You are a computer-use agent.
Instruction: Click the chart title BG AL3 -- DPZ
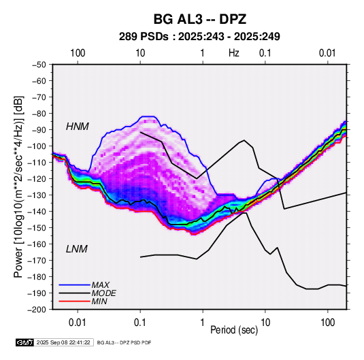pos(199,19)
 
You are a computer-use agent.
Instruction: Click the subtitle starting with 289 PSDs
pos(199,37)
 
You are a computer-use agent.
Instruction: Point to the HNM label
pos(78,127)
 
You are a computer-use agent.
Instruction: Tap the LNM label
pos(77,249)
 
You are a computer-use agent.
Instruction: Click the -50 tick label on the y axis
pos(39,65)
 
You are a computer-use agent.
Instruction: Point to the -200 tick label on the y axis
pos(37,310)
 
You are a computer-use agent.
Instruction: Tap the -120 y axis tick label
pos(37,179)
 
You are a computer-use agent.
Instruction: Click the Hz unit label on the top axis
pos(234,53)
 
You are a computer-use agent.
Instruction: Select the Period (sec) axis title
pos(234,329)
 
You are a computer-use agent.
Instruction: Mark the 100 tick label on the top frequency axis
pos(78,53)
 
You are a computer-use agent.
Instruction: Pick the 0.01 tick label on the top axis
pos(327,53)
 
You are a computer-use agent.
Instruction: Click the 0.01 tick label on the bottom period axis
pos(78,323)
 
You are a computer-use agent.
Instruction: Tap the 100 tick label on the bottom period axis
pos(327,323)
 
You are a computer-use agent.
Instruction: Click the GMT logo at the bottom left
pos(25,342)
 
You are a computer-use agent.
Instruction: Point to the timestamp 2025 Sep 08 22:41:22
pos(63,342)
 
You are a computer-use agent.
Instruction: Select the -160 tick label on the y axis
pos(37,244)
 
